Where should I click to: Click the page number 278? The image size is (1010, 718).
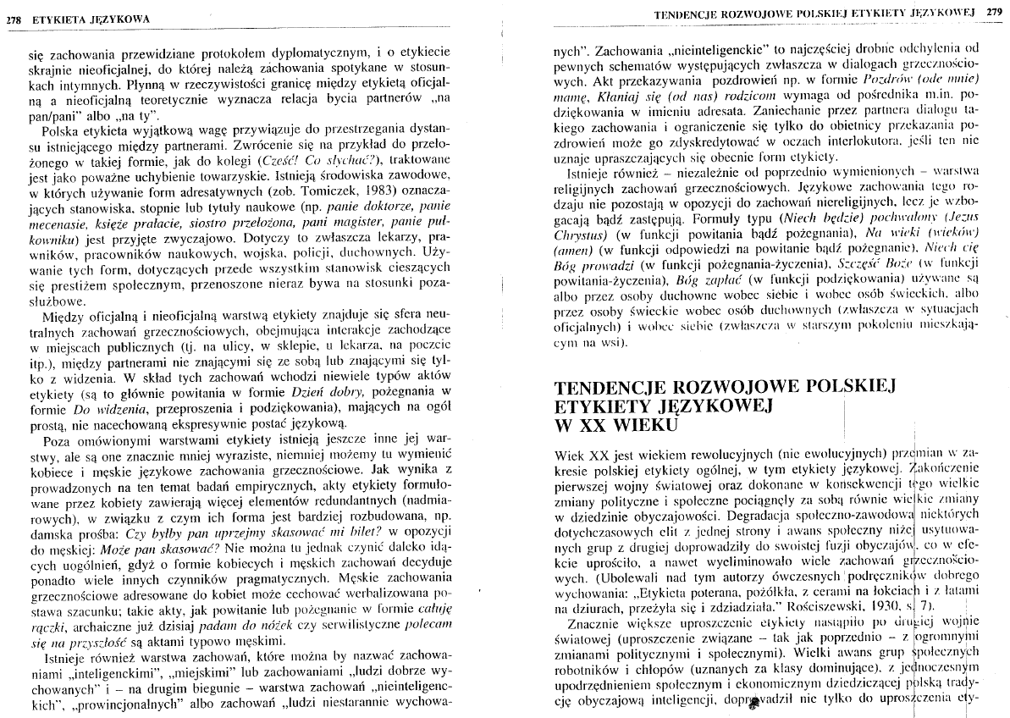(14, 17)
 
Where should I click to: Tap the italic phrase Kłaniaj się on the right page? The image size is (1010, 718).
(597, 94)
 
